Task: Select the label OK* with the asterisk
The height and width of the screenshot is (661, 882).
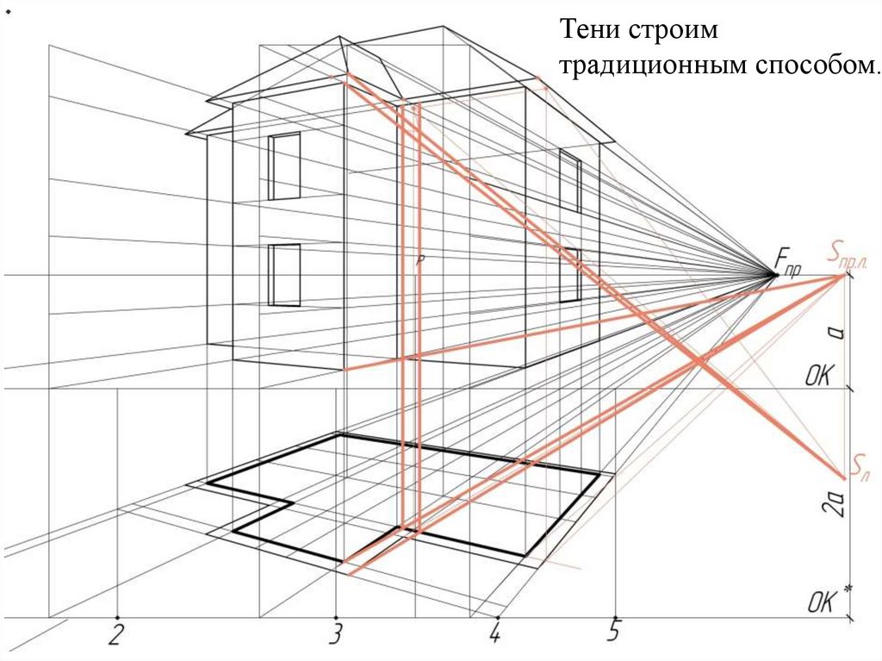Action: coord(829,602)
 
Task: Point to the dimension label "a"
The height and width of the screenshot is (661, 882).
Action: coord(834,332)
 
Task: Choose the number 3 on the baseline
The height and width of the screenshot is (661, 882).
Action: coord(336,635)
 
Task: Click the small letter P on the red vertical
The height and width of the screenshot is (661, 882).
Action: coord(419,259)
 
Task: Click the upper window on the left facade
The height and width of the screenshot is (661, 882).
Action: coord(283,166)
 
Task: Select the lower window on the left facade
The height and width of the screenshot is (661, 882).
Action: coord(284,275)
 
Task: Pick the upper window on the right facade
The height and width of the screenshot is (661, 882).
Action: coord(569,181)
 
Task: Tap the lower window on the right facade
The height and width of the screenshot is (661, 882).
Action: coord(569,276)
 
